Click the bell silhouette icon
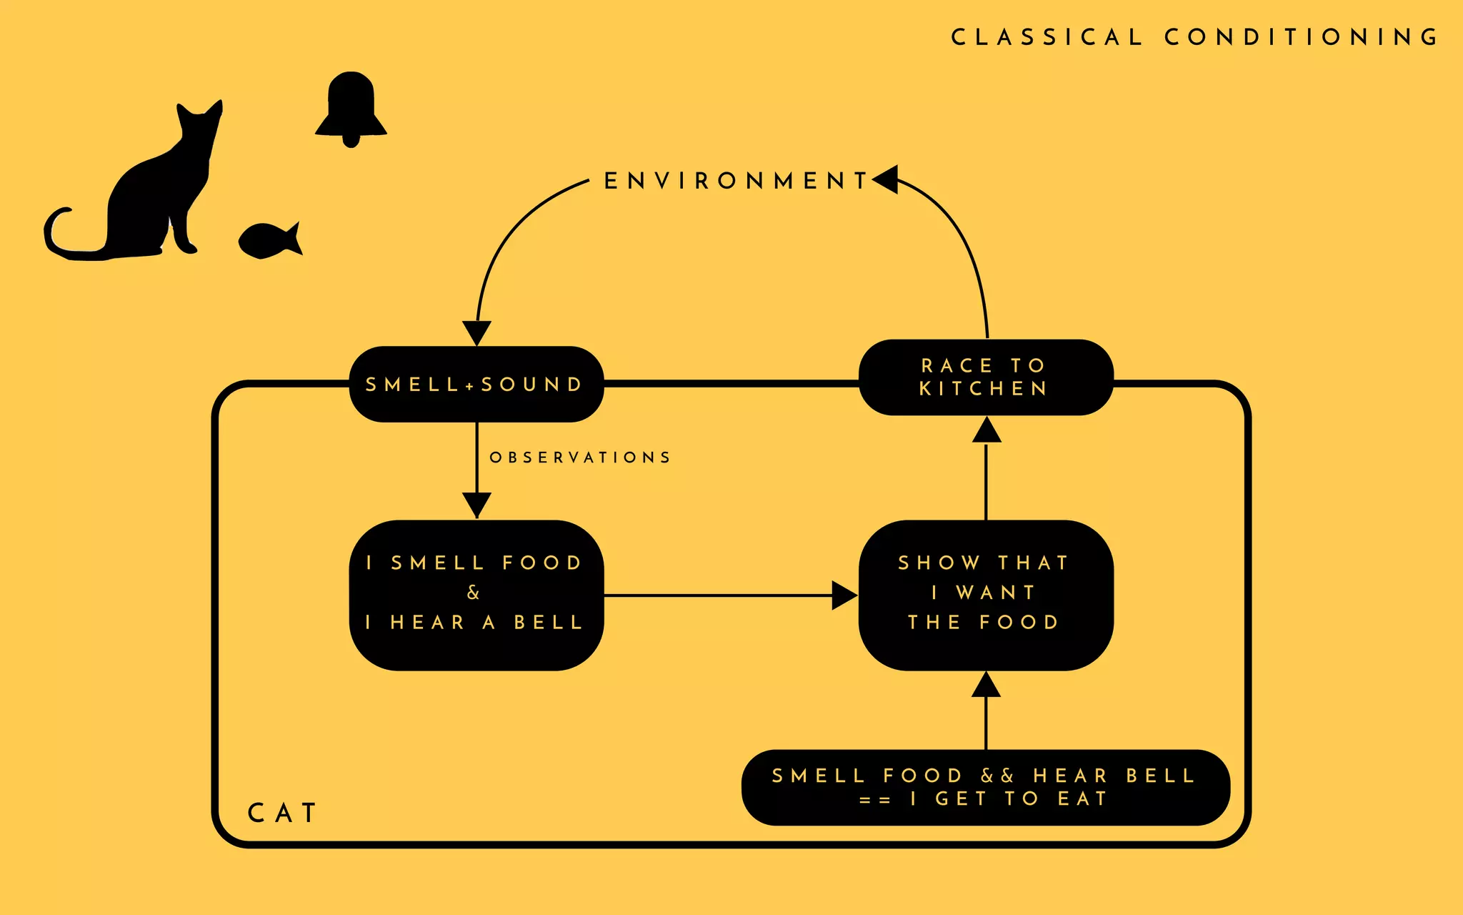(x=351, y=107)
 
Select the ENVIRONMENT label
(x=736, y=181)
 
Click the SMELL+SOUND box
(x=476, y=385)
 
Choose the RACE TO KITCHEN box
(x=985, y=377)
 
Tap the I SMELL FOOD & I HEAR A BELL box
(x=476, y=595)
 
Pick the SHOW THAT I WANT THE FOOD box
(x=985, y=595)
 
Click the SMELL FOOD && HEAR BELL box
(x=985, y=787)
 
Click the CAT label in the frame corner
(x=282, y=813)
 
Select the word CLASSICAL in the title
(x=1047, y=37)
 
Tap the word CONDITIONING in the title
(x=1302, y=37)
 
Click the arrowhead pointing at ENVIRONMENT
(x=886, y=179)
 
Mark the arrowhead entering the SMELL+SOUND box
(x=476, y=332)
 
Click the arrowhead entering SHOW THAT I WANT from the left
(x=844, y=595)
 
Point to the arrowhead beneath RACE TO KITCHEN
(x=986, y=430)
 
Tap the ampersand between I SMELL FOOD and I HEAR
(x=473, y=593)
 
